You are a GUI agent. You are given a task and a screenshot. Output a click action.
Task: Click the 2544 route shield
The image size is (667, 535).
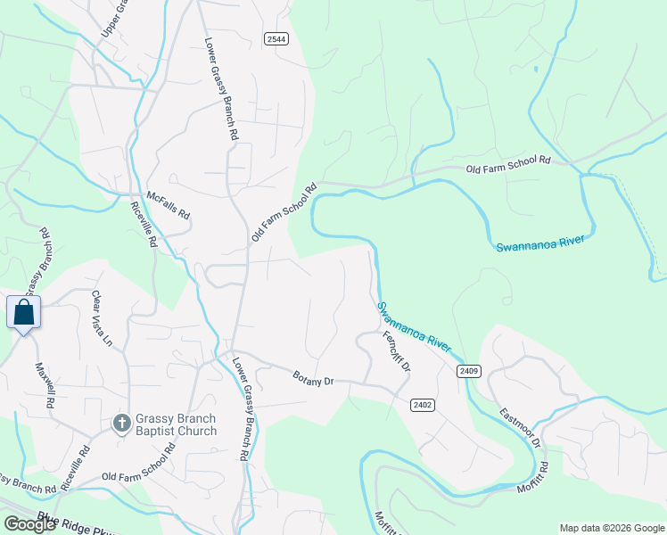pos(276,38)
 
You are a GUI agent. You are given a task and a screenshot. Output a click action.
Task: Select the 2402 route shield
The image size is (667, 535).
pos(423,405)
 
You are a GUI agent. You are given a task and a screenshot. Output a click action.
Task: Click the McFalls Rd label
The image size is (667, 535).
pos(169,208)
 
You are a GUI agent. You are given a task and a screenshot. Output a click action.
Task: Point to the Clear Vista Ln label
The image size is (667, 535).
pos(103,318)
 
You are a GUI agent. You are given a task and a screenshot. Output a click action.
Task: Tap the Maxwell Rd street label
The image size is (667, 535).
pos(45,385)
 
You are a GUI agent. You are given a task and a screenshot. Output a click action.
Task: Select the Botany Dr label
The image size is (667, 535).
pos(313,377)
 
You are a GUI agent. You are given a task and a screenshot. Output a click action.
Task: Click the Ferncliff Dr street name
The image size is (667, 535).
pos(396,352)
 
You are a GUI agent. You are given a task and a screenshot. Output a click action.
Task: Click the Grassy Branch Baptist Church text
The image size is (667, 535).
pos(176,424)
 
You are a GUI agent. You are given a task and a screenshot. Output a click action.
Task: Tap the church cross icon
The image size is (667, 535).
pos(122,423)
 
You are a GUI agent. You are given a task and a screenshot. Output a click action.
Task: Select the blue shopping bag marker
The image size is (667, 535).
pos(23,313)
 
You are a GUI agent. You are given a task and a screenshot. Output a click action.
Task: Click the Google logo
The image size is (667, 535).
pos(29,524)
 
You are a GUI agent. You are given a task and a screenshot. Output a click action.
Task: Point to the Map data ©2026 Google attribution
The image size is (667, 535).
pos(612,528)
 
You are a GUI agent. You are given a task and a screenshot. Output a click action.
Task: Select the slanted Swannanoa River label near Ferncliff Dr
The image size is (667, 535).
pos(414,326)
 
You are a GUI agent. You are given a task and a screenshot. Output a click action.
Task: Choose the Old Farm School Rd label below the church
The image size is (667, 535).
pos(138,471)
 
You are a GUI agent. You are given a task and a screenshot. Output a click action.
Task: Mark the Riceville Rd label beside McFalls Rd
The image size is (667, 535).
pos(144,224)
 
